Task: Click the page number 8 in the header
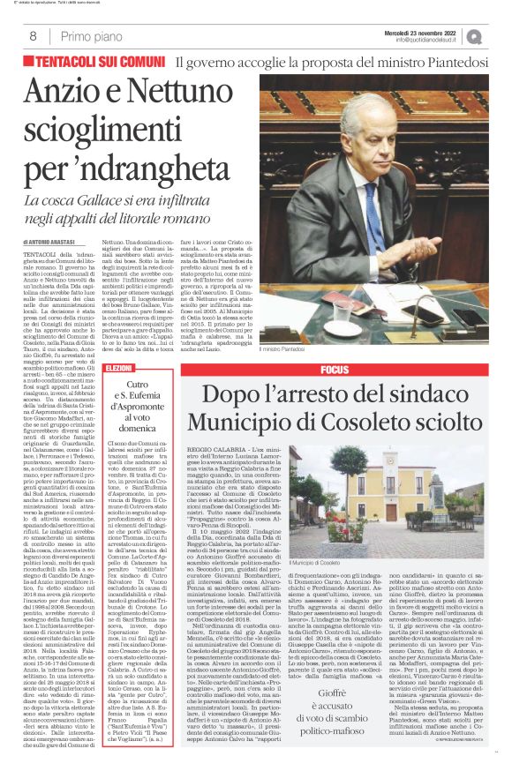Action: click(32, 36)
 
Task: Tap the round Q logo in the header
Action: click(499, 36)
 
